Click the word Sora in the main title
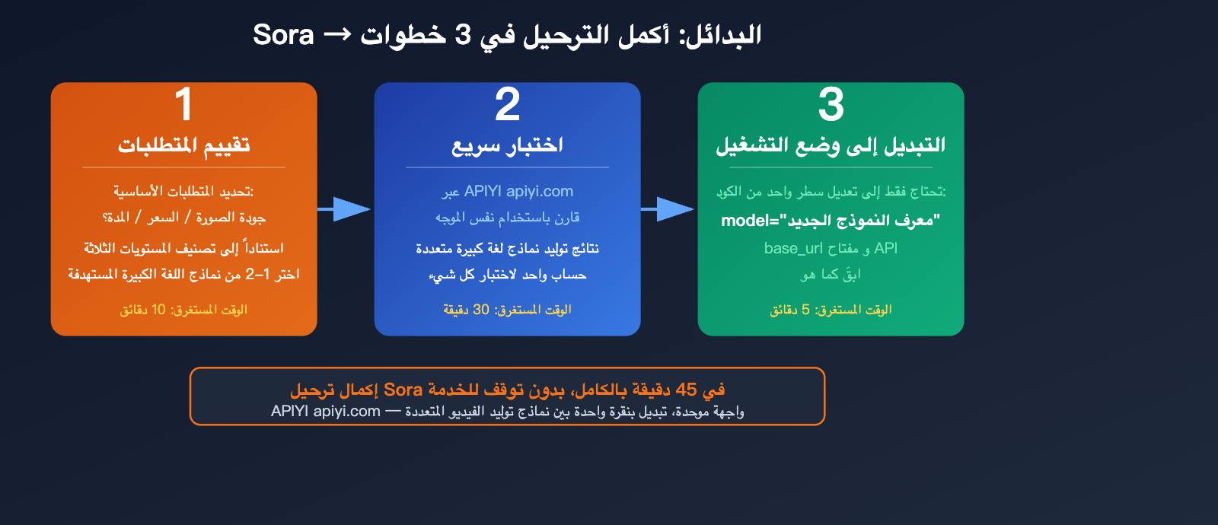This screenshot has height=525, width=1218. point(283,35)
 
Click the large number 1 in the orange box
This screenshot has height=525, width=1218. point(183,104)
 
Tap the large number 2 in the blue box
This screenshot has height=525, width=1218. point(507,104)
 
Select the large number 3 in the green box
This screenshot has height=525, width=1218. point(831,104)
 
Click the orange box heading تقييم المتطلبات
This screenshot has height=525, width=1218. point(183,145)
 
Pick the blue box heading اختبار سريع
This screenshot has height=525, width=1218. point(507,145)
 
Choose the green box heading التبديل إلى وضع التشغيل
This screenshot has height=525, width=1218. point(831,145)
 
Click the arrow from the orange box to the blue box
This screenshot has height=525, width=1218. point(345,208)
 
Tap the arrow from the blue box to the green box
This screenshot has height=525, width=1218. point(668,208)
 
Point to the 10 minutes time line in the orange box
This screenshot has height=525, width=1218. point(183,310)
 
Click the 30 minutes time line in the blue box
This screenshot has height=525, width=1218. point(507,310)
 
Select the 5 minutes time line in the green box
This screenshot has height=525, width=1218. point(831,310)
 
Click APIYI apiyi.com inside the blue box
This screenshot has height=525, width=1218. point(518,192)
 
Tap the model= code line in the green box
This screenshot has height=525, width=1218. point(831,221)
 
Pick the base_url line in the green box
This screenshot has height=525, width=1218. point(831,248)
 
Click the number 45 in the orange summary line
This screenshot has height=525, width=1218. point(686,390)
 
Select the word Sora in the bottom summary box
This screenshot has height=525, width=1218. point(403,390)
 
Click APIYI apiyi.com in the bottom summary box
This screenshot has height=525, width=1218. point(326,412)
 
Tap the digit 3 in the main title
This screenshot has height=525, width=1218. point(463,35)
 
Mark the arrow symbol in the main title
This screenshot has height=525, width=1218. point(337,35)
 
